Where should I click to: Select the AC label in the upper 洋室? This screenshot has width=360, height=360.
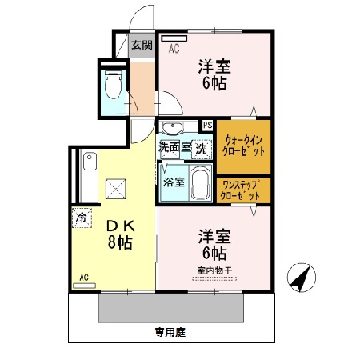tap(174, 49)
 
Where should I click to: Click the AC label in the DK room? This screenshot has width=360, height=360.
tap(83, 278)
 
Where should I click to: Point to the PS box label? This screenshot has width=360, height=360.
tap(207, 125)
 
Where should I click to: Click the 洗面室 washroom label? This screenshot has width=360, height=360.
tap(174, 147)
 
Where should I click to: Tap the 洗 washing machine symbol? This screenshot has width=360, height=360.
tap(201, 147)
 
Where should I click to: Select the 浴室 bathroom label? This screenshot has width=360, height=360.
tap(174, 182)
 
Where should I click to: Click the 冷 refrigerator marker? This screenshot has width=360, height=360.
tap(82, 216)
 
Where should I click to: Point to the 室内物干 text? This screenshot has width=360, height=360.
tap(214, 270)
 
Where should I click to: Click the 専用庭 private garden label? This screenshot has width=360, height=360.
tap(171, 330)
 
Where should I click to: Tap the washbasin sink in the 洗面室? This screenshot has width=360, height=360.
tap(172, 129)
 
